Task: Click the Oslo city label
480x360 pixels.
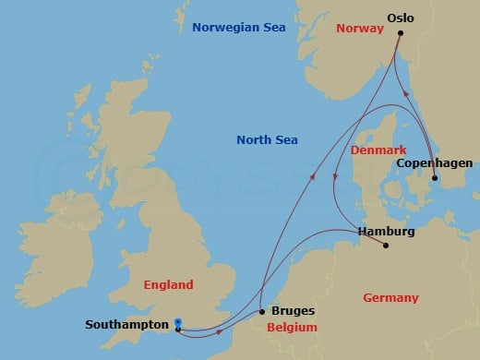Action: pos(401,18)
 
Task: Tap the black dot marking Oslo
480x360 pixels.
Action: pos(401,33)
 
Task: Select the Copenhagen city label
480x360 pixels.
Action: pos(433,163)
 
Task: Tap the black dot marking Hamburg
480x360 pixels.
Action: pos(386,246)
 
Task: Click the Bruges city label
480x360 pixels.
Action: pos(294,312)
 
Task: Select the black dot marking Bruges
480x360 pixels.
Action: pos(262,312)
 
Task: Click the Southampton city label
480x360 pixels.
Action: pos(126,325)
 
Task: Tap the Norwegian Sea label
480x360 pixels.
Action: pos(238,28)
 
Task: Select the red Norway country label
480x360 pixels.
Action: pos(359,28)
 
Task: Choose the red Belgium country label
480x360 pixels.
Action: pos(292,328)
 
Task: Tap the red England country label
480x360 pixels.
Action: pos(168,285)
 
